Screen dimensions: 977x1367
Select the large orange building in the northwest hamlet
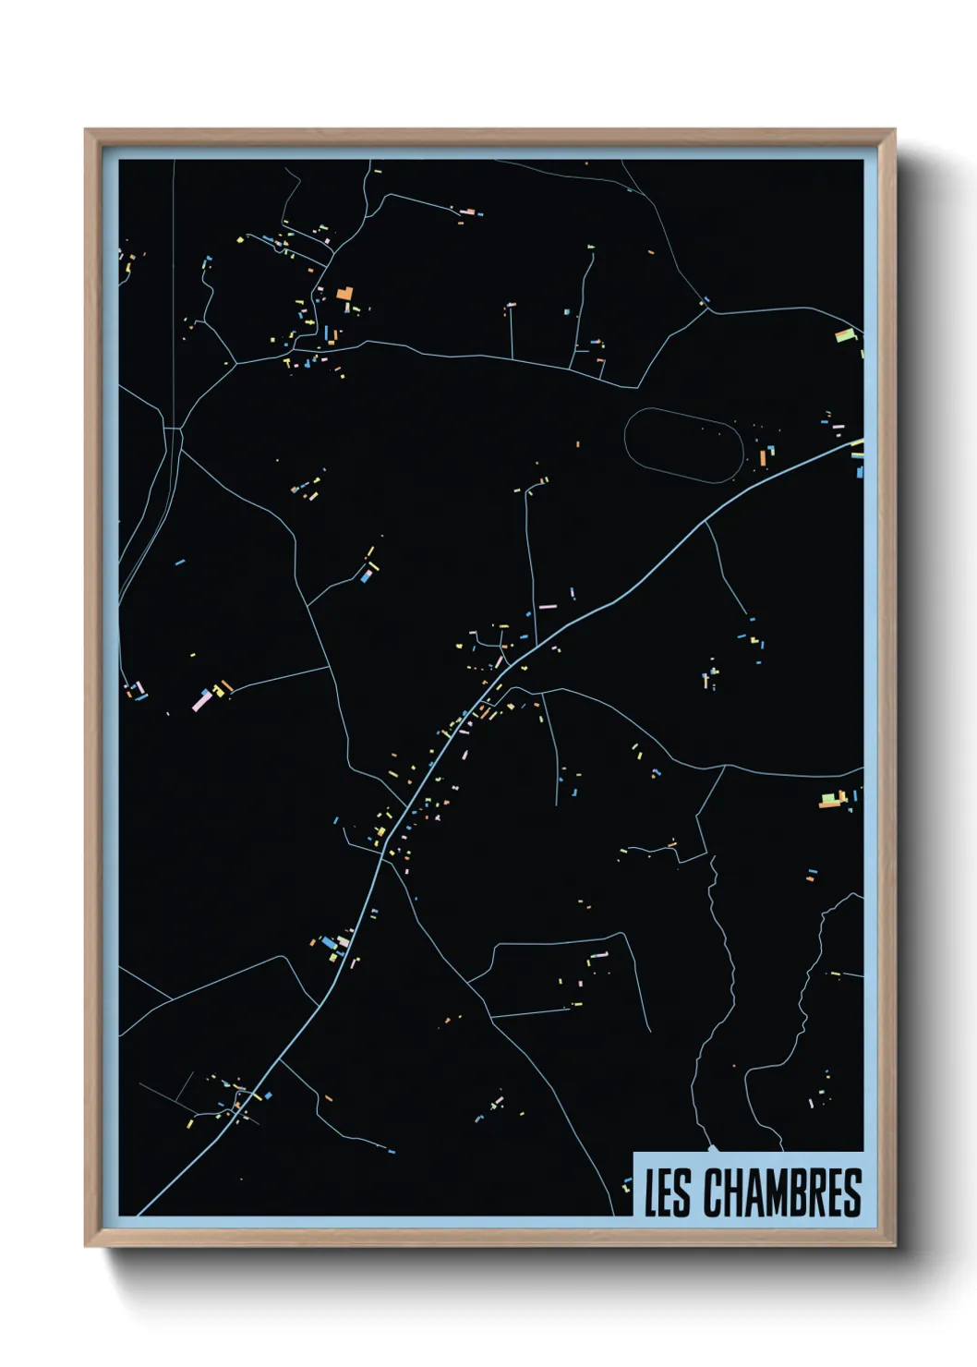344,294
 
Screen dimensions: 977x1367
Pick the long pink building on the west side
201,700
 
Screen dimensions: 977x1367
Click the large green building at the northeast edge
844,335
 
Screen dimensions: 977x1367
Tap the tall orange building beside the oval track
763,456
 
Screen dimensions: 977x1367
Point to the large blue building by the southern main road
327,942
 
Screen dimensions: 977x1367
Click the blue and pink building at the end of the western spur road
367,575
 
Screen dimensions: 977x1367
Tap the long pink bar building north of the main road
547,607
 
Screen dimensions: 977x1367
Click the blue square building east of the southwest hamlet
269,1095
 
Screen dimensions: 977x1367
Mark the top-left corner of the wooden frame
86,130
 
